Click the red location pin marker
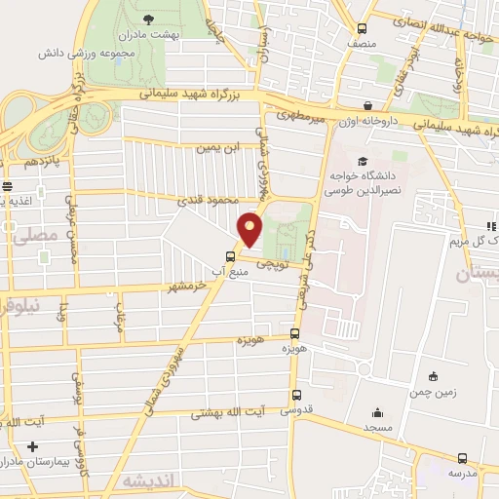pyautogui.click(x=250, y=229)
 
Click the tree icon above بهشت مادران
pyautogui.click(x=148, y=19)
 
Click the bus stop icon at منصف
pyautogui.click(x=363, y=28)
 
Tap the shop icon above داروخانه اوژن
pyautogui.click(x=367, y=106)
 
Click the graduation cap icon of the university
pyautogui.click(x=363, y=161)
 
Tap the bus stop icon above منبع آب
pyautogui.click(x=230, y=257)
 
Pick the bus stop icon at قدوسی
pyautogui.click(x=295, y=395)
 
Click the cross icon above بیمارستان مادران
pyautogui.click(x=34, y=444)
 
